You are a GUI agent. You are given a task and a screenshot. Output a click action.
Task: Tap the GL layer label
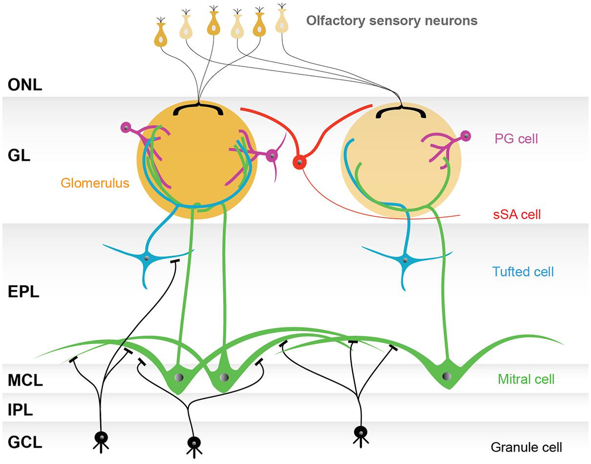pos(20,157)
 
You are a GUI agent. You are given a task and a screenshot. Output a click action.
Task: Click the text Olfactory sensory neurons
pos(392,21)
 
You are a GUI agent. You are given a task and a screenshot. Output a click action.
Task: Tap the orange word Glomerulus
pos(95,183)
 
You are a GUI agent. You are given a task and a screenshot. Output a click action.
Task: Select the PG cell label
pos(516,139)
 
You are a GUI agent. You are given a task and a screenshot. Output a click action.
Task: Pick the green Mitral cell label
pos(526,379)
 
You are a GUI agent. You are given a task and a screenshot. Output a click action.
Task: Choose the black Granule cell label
pos(526,447)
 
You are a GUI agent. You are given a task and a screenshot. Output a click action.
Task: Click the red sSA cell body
pos(298,162)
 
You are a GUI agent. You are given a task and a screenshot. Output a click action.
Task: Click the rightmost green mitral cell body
pos(447,377)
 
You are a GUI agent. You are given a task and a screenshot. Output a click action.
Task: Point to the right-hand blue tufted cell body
pos(405,260)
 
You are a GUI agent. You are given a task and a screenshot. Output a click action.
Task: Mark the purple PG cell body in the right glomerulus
pos(464,135)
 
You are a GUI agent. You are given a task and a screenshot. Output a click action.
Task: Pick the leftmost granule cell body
pos(101,436)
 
